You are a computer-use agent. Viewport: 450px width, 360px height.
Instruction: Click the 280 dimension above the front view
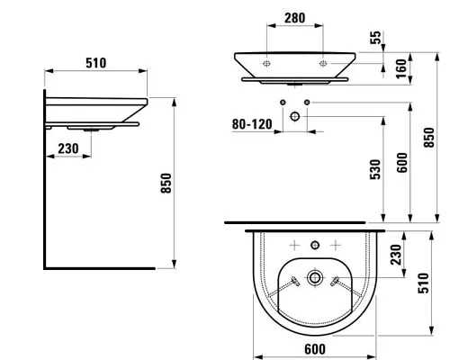[x=294, y=18]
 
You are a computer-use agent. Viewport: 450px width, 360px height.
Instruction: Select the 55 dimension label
[x=375, y=38]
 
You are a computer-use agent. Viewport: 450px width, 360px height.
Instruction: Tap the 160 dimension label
[x=401, y=68]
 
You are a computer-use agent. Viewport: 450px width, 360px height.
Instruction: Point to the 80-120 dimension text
[x=252, y=124]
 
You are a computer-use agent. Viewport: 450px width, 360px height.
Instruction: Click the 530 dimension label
[x=375, y=169]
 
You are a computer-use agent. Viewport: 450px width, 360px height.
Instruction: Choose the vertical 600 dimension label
[x=402, y=163]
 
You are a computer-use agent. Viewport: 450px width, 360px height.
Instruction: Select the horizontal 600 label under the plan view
[x=315, y=349]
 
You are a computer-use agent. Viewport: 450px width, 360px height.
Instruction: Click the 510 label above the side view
[x=96, y=63]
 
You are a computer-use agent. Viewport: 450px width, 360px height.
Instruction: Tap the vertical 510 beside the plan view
[x=423, y=283]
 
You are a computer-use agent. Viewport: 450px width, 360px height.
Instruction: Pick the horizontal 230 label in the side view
[x=68, y=148]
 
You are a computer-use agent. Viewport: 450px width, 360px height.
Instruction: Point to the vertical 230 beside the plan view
[x=396, y=255]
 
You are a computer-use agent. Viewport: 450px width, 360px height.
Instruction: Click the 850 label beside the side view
[x=166, y=184]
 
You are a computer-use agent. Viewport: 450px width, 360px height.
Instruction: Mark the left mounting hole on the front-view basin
[x=266, y=64]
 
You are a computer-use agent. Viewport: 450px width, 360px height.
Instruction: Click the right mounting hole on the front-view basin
[x=323, y=64]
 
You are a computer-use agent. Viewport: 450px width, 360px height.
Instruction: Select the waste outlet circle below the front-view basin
[x=295, y=116]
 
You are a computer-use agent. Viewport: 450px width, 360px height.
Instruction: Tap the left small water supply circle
[x=283, y=103]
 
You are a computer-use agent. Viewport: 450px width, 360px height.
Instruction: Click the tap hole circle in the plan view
[x=315, y=246]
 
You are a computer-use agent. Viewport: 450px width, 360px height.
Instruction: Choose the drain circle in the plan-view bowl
[x=315, y=277]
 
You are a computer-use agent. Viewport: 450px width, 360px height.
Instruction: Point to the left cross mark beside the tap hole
[x=294, y=246]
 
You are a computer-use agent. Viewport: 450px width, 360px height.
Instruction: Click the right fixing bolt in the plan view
[x=335, y=281]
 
